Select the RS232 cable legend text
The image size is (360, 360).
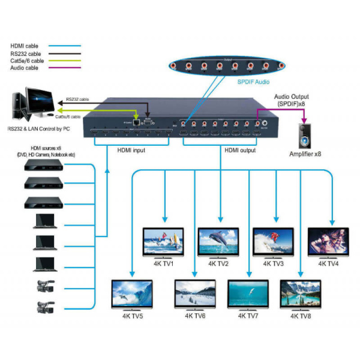coord(26,53)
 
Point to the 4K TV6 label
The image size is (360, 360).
coord(196,316)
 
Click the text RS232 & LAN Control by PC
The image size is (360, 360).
coord(38,128)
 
